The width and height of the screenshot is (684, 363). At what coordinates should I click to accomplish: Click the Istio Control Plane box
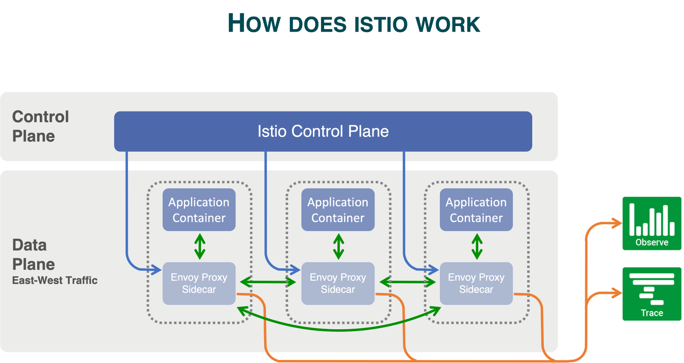pos(323,131)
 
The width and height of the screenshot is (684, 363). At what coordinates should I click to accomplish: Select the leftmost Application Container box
pos(199,210)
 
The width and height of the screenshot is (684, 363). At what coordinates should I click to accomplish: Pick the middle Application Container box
pos(338,210)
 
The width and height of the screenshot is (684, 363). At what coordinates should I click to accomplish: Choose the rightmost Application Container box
pos(476,210)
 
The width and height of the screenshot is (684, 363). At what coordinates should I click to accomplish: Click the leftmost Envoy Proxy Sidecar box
pos(199,283)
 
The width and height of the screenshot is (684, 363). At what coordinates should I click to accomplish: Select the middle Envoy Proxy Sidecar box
pos(338,283)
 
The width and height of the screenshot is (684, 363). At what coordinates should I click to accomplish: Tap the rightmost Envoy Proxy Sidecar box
pos(476,283)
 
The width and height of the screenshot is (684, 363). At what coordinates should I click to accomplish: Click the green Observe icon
pos(652,222)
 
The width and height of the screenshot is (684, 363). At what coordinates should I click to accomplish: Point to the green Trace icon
pos(652,294)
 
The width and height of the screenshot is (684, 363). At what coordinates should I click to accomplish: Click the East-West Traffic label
pos(55,280)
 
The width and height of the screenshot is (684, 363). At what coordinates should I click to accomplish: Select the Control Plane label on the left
pos(40,126)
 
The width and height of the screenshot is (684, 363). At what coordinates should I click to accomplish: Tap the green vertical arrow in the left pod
pos(200,246)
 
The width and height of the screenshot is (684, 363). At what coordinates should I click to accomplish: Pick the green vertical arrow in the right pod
pos(477,246)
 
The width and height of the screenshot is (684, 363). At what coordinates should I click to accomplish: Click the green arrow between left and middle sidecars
pos(268,282)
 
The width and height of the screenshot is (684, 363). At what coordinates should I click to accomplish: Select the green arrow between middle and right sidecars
pos(407,282)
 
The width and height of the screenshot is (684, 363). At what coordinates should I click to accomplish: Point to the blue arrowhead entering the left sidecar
pos(156,269)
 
